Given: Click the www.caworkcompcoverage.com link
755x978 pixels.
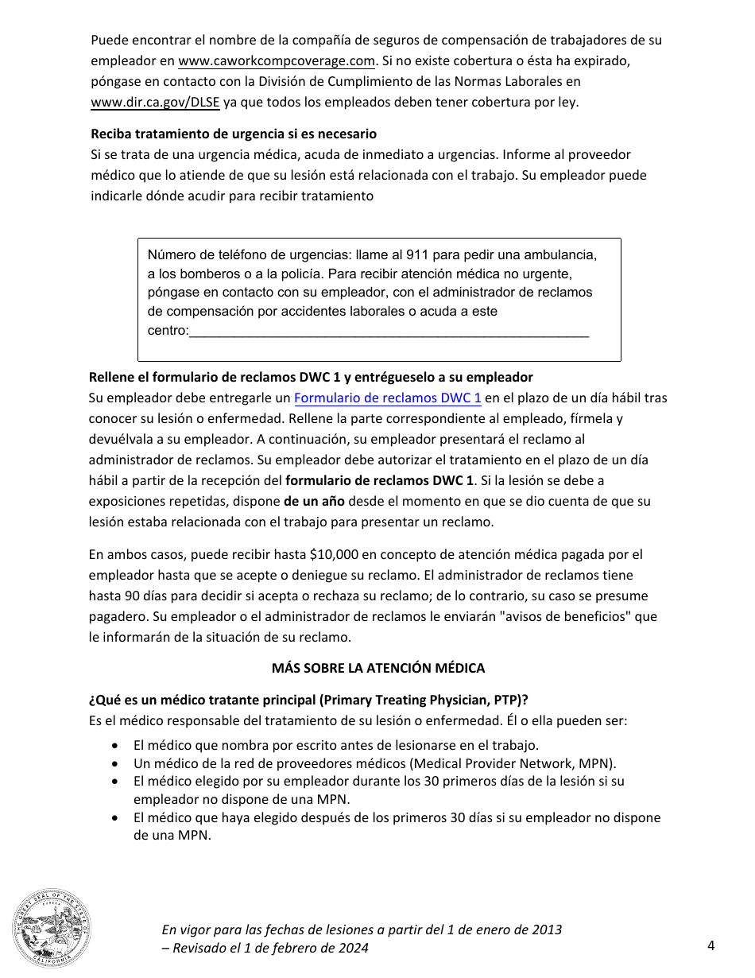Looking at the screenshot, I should tap(277, 60).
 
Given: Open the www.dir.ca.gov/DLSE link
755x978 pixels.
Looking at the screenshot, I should tap(155, 102).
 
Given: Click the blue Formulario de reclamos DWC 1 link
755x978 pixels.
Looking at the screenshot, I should tap(388, 398).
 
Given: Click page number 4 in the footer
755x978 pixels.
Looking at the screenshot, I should tap(710, 945).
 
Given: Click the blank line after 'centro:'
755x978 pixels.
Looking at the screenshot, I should tap(389, 331).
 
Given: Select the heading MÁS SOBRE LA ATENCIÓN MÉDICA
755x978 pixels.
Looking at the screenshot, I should tap(377, 668).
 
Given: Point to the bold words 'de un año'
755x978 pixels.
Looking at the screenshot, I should tap(314, 501).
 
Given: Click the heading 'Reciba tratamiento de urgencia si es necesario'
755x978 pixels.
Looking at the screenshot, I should tap(234, 134).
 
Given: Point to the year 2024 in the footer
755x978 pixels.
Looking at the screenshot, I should tap(354, 948).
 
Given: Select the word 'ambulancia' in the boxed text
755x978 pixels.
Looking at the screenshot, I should tap(563, 255).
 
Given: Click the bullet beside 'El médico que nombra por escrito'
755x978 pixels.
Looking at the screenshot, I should tap(117, 745).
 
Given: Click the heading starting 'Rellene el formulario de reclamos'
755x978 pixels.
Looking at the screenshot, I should tap(311, 377).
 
